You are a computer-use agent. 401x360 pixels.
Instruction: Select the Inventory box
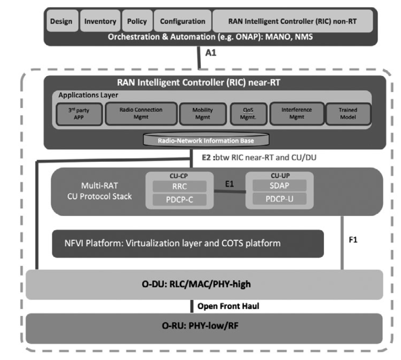(100, 21)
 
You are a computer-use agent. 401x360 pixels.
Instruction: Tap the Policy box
(138, 21)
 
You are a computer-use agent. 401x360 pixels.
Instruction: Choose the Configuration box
(183, 21)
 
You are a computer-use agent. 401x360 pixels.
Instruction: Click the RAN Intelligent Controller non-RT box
(293, 21)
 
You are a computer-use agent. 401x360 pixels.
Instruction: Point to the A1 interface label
(211, 53)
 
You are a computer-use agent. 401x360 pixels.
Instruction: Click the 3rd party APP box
(79, 114)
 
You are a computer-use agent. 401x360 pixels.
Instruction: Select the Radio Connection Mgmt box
(141, 113)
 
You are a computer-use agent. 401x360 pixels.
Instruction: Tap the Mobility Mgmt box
(203, 114)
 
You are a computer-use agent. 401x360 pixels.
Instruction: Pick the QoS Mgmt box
(248, 114)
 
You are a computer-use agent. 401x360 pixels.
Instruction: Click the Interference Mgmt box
(297, 113)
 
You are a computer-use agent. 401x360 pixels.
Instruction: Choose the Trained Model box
(348, 114)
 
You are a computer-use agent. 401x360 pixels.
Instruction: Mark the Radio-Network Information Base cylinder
(206, 139)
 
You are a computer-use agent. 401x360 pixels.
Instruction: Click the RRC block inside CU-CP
(180, 186)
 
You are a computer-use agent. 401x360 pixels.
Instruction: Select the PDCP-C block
(180, 199)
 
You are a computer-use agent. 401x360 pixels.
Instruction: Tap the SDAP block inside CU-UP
(279, 185)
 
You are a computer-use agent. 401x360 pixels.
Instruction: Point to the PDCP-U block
(279, 199)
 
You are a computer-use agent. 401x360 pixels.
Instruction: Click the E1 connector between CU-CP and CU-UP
(230, 191)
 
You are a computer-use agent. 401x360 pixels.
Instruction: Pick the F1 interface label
(353, 240)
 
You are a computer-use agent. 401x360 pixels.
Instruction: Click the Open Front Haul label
(228, 306)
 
